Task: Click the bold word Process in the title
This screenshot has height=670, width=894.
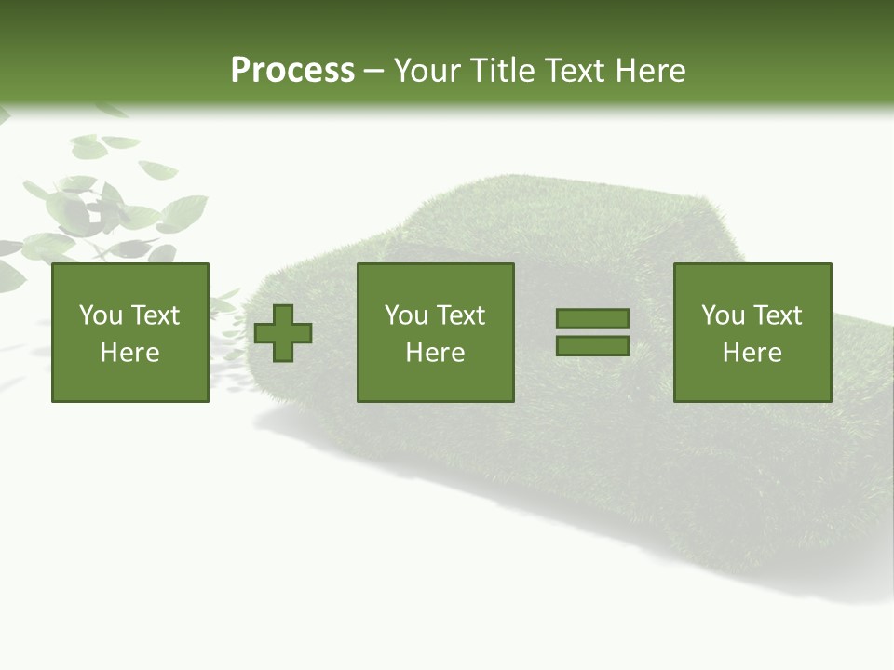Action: click(292, 71)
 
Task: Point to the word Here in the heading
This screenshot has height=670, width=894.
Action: click(651, 71)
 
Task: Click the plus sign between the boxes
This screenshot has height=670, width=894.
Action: click(283, 332)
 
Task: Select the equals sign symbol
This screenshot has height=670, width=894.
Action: click(592, 332)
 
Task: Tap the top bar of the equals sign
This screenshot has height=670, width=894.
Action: click(592, 319)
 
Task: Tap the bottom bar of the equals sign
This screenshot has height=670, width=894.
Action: click(592, 345)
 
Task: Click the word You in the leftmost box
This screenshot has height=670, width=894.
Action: click(101, 315)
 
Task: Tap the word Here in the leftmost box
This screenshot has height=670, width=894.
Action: click(129, 353)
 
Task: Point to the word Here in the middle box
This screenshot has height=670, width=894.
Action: click(435, 353)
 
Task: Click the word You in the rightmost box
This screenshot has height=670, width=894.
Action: click(723, 315)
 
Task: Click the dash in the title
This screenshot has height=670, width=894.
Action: click(373, 72)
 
